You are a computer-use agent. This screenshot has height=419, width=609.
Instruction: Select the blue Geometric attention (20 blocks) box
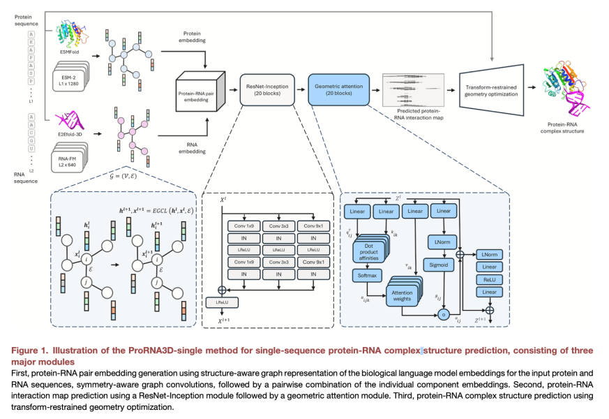coord(337,88)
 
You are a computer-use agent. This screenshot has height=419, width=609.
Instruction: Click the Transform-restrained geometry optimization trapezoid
coord(491,88)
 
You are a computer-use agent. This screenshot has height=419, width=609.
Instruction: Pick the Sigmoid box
coord(437,265)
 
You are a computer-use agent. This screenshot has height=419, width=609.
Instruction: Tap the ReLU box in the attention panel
coord(490,279)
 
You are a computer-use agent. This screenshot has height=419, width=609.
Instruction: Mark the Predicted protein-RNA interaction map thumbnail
coord(415,89)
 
